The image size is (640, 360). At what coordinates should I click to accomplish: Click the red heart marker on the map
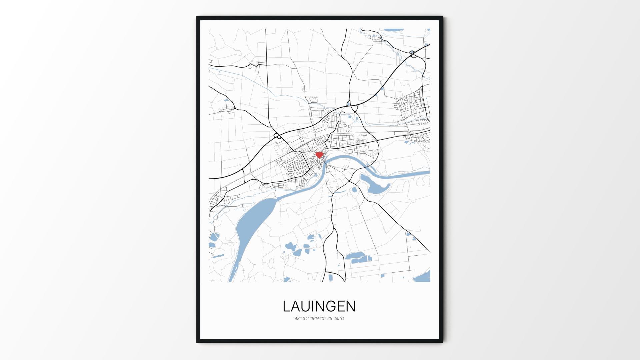319,155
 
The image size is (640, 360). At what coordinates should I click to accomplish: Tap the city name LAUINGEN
319,306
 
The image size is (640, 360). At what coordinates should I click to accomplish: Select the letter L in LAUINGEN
287,306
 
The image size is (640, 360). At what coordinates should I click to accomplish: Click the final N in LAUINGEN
351,306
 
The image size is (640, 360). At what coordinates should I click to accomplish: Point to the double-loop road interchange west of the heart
276,136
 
